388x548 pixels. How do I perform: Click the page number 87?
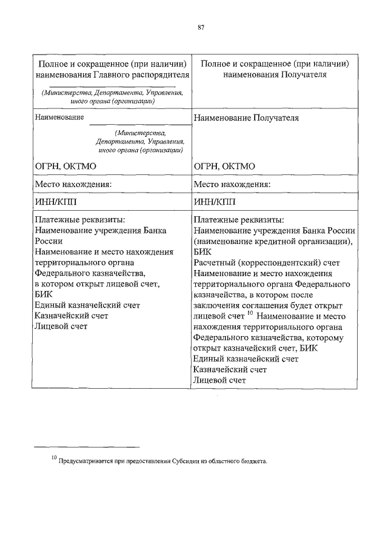point(200,25)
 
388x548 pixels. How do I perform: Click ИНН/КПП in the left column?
point(56,201)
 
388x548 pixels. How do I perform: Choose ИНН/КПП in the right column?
point(215,201)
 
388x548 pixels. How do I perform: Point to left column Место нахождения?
point(74,184)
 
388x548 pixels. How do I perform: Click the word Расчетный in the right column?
point(213,262)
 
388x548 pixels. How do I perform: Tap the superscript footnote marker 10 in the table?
point(249,314)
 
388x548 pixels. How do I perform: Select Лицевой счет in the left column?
point(61,326)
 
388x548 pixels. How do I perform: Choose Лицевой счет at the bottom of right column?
point(219,380)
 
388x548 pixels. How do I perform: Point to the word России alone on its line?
point(48,240)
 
